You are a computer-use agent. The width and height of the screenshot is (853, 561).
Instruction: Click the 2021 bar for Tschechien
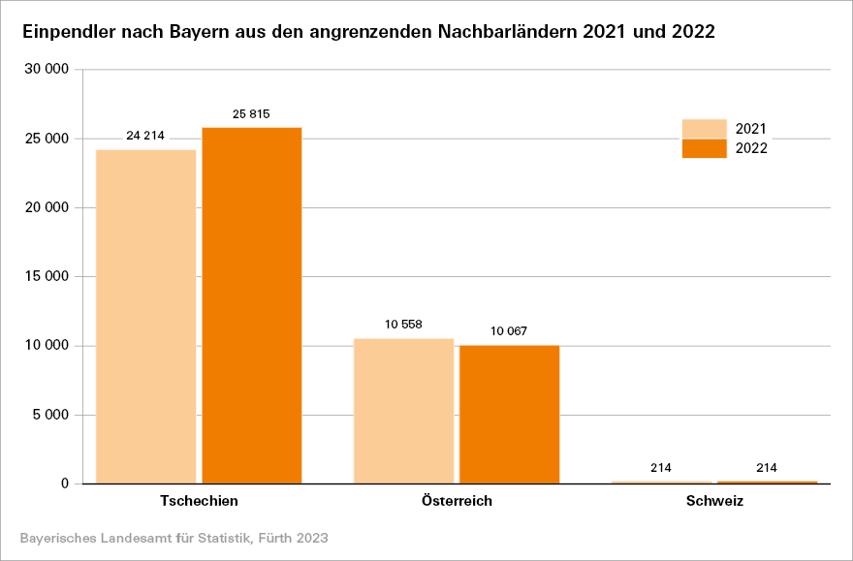pos(145,316)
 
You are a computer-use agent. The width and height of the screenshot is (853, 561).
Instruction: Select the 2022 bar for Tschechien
pos(251,305)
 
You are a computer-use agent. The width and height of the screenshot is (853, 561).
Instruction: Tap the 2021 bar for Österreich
pos(403,411)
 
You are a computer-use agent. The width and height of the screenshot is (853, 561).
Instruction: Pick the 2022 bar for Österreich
pos(509,414)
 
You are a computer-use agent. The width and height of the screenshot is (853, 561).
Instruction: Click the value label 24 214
pos(145,135)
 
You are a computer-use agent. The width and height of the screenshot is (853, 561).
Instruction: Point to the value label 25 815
pos(251,113)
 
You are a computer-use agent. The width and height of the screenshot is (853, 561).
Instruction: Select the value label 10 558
pos(403,325)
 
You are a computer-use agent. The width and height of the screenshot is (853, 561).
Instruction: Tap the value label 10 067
pos(509,331)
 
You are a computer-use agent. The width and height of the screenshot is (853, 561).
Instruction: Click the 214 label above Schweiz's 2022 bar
pos(766,468)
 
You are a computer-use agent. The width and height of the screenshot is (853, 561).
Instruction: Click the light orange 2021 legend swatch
pos(704,129)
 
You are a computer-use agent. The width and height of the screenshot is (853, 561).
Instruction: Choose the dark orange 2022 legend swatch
pos(704,148)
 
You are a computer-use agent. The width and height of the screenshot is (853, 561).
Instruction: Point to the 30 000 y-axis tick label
pos(48,70)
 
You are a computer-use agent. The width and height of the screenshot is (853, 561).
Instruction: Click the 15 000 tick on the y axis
pos(48,277)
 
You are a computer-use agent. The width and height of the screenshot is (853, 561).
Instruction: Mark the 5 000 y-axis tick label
pos(52,416)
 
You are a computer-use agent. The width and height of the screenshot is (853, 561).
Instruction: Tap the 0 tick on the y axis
pos(64,484)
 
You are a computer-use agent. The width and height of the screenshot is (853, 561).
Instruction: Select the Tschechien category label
pos(199,502)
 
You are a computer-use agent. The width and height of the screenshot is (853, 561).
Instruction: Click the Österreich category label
pos(457,502)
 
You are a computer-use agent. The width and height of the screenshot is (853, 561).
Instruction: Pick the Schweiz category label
pos(714,502)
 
